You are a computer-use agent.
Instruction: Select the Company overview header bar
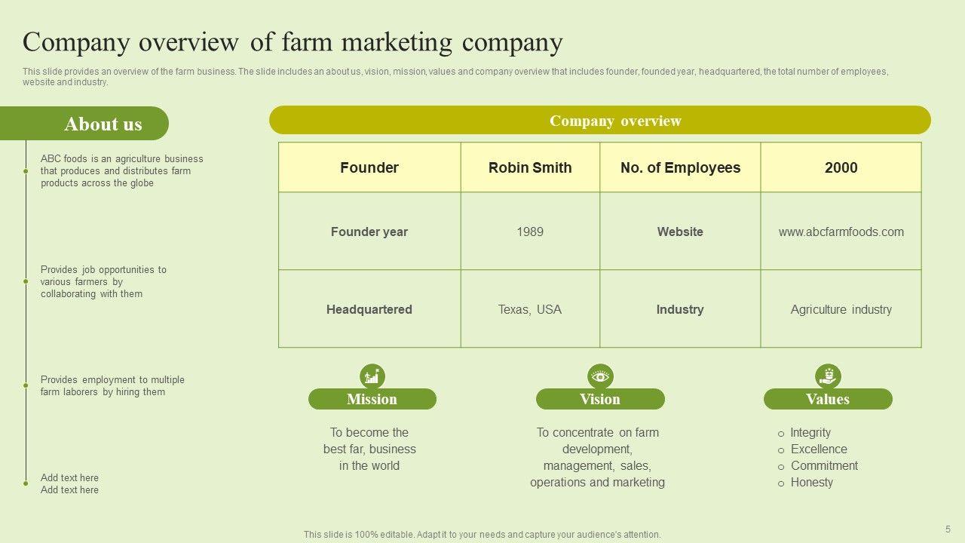point(600,121)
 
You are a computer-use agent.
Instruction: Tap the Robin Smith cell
point(530,167)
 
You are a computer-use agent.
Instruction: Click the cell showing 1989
point(530,232)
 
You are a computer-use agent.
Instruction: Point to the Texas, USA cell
point(530,309)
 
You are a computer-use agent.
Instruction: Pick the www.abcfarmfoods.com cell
point(841,232)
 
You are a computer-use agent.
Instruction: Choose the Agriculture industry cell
point(841,309)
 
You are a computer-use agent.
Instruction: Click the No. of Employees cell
point(680,167)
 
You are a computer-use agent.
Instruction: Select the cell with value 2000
point(841,167)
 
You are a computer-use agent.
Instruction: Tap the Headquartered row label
point(369,309)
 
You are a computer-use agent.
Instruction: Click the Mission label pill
point(372,399)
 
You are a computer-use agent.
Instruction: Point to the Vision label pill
point(600,399)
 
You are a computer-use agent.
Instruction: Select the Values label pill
point(828,399)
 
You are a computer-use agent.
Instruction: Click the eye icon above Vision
point(600,376)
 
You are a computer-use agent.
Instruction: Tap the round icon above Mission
point(372,376)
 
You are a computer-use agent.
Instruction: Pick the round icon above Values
point(828,376)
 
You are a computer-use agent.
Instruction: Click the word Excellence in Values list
point(819,449)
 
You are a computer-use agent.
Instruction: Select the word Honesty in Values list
point(811,482)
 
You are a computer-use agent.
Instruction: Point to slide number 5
point(948,529)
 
